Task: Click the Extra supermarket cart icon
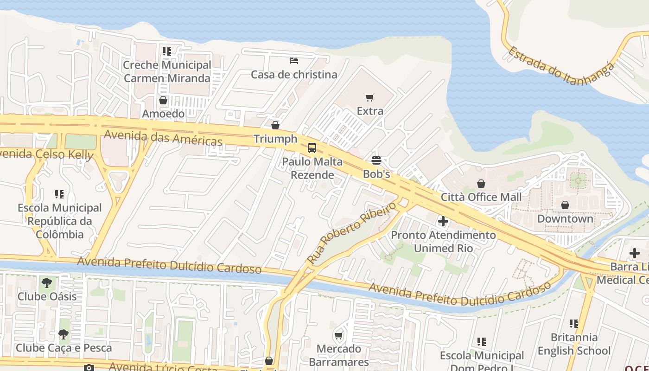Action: tap(369, 98)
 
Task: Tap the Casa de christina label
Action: tap(294, 75)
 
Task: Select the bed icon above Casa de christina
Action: tap(294, 60)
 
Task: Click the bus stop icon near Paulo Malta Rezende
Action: tap(312, 148)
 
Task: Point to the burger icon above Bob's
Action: tap(376, 160)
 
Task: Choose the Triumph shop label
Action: tap(275, 139)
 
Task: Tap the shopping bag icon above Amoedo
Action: tap(163, 100)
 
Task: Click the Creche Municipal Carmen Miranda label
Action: tap(167, 71)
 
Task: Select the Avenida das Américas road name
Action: tap(163, 138)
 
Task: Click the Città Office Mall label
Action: tap(481, 197)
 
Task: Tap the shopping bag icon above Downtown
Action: tap(565, 205)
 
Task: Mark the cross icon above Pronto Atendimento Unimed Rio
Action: tap(443, 221)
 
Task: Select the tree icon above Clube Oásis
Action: tap(46, 282)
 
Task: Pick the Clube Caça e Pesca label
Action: tap(64, 348)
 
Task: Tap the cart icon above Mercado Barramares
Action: tap(339, 335)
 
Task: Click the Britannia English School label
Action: tap(574, 344)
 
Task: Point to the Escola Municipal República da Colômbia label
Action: tap(60, 221)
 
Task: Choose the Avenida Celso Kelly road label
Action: tap(46, 154)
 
